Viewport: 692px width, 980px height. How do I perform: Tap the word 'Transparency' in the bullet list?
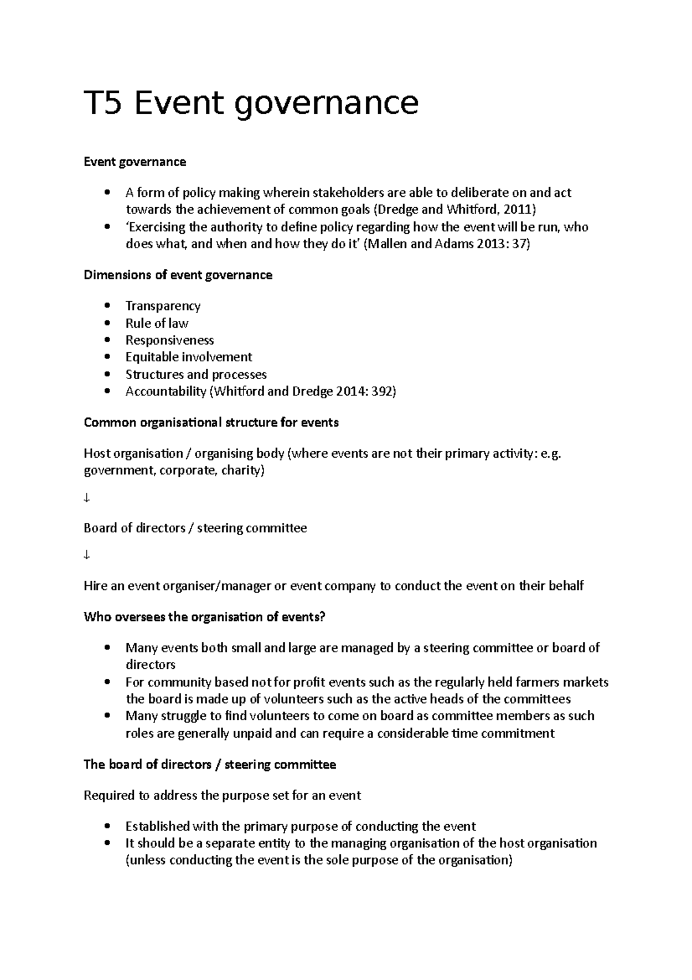[x=163, y=306]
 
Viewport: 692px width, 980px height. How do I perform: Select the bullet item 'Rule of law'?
[x=157, y=323]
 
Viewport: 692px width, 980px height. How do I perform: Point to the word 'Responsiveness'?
[x=170, y=341]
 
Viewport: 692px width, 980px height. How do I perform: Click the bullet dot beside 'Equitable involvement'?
[x=107, y=358]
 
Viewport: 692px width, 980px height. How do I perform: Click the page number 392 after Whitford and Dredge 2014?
[x=382, y=392]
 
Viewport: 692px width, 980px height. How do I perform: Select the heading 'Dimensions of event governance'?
[x=178, y=275]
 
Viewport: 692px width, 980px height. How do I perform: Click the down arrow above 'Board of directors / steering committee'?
[x=86, y=499]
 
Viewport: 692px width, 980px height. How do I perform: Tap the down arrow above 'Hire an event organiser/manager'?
[x=86, y=556]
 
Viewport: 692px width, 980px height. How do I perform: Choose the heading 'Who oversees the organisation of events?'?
[x=205, y=618]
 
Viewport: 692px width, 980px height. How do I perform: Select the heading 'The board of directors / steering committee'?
[x=209, y=765]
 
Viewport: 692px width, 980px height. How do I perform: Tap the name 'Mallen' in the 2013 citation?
[x=388, y=244]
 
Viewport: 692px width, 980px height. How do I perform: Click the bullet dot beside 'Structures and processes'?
[x=107, y=375]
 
